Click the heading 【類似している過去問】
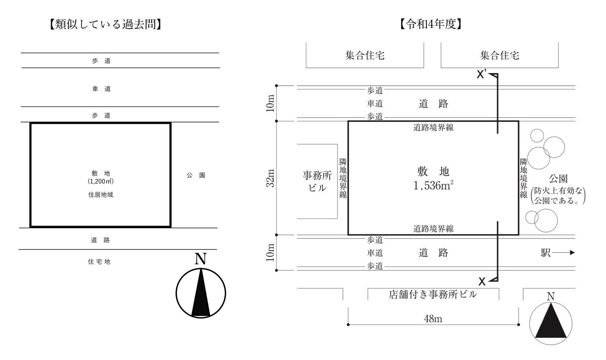pyautogui.click(x=105, y=24)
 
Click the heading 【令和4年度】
pyautogui.click(x=431, y=24)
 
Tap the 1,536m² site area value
pyautogui.click(x=433, y=185)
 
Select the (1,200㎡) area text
pyautogui.click(x=100, y=181)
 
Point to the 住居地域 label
pyautogui.click(x=100, y=195)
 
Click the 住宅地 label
pyautogui.click(x=99, y=261)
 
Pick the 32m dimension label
pyautogui.click(x=270, y=178)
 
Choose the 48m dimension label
pyautogui.click(x=433, y=319)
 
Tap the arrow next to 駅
pyautogui.click(x=564, y=253)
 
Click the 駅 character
pyautogui.click(x=545, y=253)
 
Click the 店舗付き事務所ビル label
pyautogui.click(x=433, y=294)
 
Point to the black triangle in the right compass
pyautogui.click(x=551, y=322)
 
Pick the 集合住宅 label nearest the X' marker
pyautogui.click(x=499, y=55)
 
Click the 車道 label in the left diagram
pyautogui.click(x=101, y=89)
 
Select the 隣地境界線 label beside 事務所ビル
pyautogui.click(x=343, y=178)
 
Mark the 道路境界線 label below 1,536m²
pyautogui.click(x=433, y=229)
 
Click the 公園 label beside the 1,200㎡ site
pyautogui.click(x=196, y=175)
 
